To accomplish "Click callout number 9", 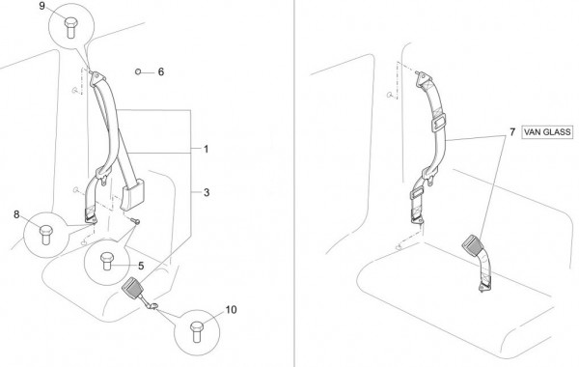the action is [42, 6].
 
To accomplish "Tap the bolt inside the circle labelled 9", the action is [70, 27].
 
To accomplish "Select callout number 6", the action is [161, 71].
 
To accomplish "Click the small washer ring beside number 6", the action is [138, 71].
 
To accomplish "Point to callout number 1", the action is [207, 149].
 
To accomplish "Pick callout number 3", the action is [207, 192].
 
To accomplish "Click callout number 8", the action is [16, 214].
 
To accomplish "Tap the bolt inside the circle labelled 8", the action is [46, 235].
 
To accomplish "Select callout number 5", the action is [141, 266].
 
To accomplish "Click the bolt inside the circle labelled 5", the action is [107, 261].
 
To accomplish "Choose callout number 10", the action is [231, 310].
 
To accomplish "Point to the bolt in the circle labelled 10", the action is [197, 331].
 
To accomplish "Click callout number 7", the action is [512, 132].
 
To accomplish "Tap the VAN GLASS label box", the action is [547, 132].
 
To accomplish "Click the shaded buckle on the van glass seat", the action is [472, 243].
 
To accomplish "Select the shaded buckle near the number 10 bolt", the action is [132, 287].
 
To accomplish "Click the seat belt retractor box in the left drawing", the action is [133, 194].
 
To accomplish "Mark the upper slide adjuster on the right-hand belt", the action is [438, 123].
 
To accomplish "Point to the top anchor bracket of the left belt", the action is [97, 79].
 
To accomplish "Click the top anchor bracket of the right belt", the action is [424, 79].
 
